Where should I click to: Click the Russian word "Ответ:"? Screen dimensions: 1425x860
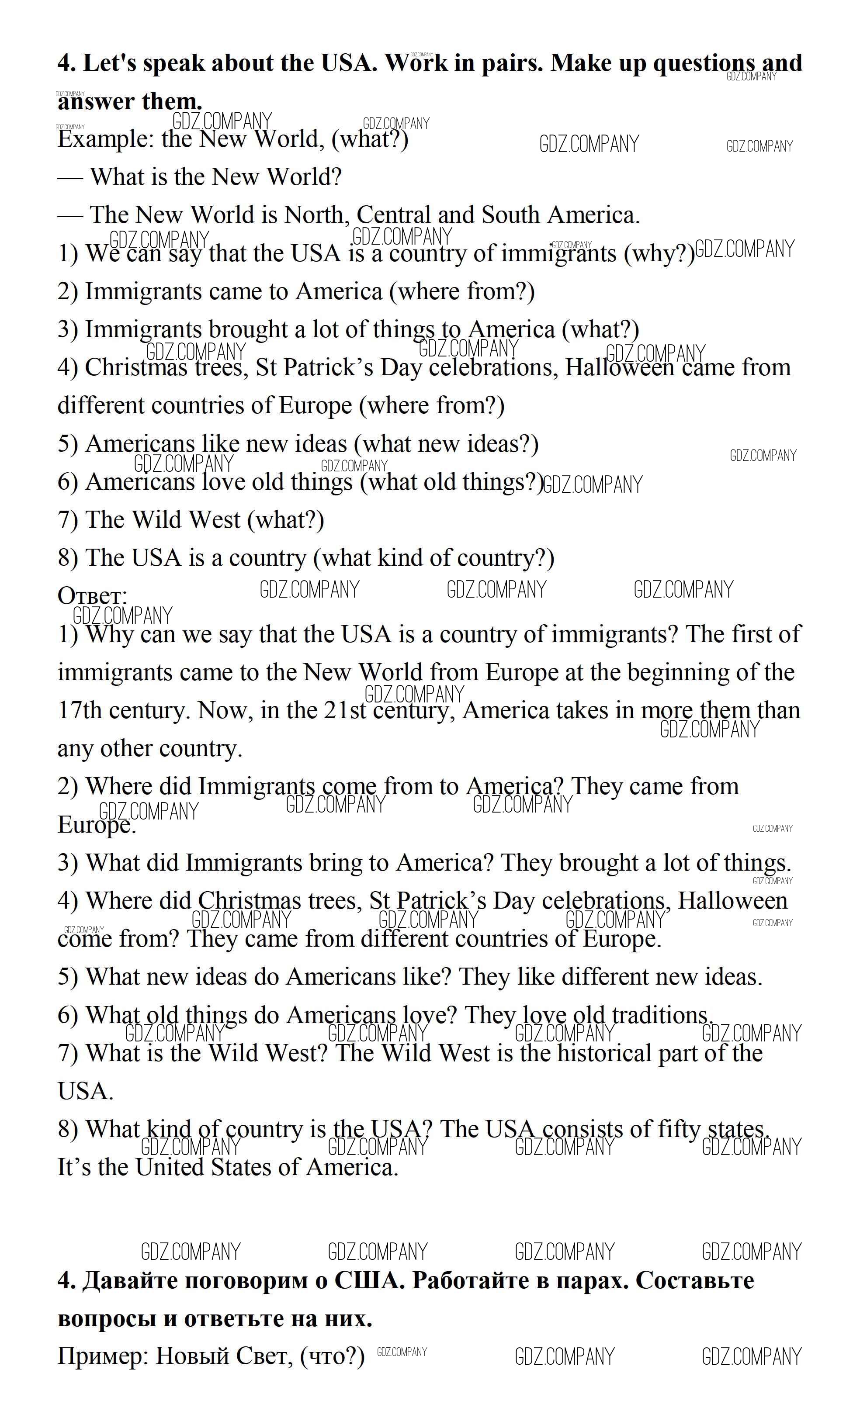(92, 596)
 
